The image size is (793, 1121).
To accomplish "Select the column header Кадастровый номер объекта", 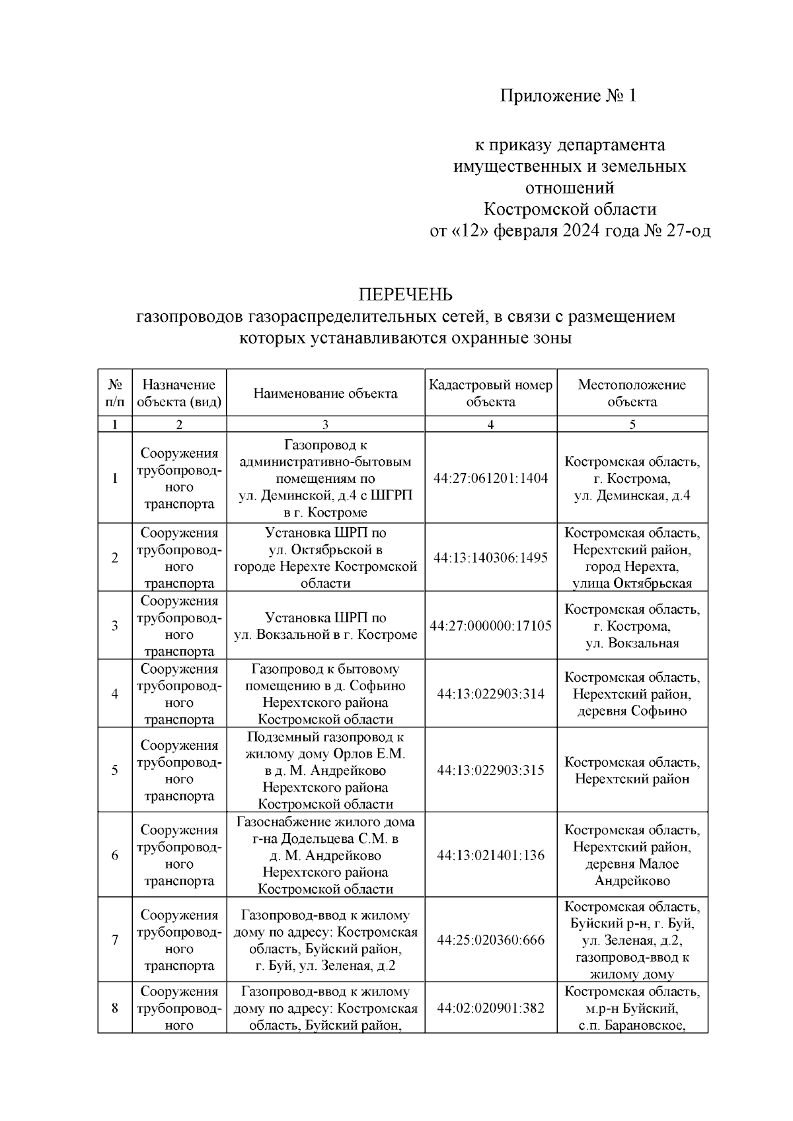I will (x=490, y=393).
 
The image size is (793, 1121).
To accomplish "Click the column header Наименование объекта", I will (x=325, y=394).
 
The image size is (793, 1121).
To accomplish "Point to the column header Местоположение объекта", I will (x=632, y=393).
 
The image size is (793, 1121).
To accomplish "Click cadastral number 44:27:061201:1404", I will (x=490, y=478).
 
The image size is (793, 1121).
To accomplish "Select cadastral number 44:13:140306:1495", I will (x=490, y=558).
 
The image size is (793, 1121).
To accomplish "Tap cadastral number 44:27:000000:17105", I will (x=490, y=626).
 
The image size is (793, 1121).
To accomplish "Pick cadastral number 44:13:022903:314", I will (x=490, y=694).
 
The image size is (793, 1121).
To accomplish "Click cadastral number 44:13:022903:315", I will (x=490, y=770).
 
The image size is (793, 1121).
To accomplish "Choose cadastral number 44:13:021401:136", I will (x=490, y=855).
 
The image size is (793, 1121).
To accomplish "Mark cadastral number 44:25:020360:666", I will (x=490, y=940).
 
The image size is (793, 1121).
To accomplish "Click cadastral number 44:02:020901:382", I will (x=490, y=1008).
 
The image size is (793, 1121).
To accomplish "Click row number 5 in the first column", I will (x=115, y=770).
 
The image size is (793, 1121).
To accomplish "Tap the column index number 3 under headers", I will (x=325, y=425).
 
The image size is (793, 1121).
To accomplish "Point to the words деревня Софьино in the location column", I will (x=632, y=711).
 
